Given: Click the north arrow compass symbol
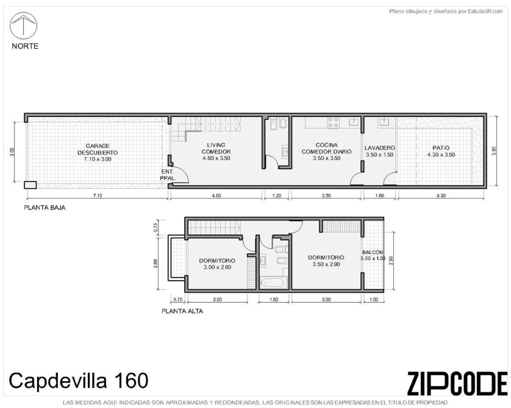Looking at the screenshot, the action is (23, 26).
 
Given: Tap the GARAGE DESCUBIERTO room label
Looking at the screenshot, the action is (98, 152).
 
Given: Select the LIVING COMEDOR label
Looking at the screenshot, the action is (216, 152).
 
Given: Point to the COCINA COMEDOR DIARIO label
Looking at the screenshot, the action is (326, 152).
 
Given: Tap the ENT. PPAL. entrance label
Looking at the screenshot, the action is (168, 175).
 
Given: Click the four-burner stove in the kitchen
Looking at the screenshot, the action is (334, 122).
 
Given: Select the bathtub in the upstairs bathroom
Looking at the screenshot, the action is (274, 283).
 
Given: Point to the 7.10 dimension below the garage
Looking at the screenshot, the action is (98, 195).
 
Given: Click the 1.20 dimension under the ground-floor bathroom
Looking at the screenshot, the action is (276, 195).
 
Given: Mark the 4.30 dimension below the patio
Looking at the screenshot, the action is (441, 195).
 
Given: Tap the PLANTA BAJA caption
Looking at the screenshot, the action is (45, 208).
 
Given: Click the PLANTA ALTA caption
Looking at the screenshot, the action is (182, 311).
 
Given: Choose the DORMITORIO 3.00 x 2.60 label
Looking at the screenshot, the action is (217, 264).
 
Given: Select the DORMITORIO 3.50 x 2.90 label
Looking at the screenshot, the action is (326, 261).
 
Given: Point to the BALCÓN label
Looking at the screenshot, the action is (373, 252).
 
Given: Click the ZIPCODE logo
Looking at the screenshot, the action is (457, 383).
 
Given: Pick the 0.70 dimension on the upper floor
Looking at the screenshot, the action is (177, 300).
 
